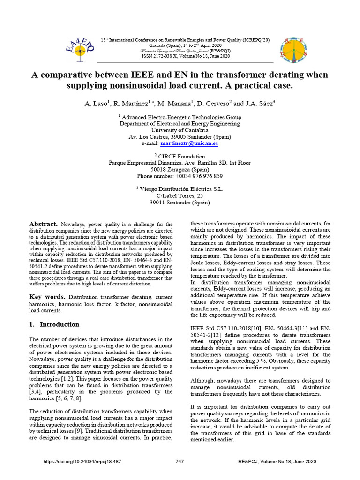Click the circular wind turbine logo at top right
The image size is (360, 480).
pos(292,49)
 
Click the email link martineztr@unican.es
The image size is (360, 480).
pos(189,143)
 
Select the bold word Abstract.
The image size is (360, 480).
pos(44,225)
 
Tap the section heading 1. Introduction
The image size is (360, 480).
pos(54,324)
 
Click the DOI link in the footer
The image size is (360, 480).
pos(82,462)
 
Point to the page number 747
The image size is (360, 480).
pos(180,462)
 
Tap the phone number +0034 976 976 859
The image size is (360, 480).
pos(180,176)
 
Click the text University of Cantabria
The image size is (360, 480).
pos(180,130)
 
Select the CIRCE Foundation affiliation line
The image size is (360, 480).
pos(180,157)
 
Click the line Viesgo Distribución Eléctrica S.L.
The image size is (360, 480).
pos(180,189)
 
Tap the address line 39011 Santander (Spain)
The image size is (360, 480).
pos(180,202)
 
